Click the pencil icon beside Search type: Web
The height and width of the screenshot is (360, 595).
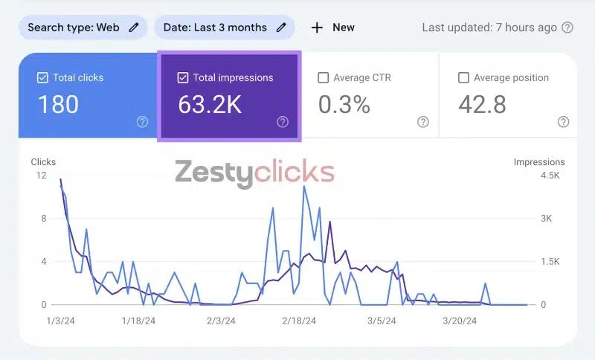point(134,28)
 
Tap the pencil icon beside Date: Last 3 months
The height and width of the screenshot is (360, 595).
point(281,28)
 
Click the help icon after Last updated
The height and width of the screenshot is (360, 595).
point(567,28)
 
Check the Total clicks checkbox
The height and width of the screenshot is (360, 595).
point(42,77)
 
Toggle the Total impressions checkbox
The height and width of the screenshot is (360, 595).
point(183,77)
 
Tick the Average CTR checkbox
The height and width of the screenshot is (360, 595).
point(324,77)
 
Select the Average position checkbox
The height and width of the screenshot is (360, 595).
point(464,77)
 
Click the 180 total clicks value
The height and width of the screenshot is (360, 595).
point(58,105)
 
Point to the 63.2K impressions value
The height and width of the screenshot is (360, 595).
point(210,105)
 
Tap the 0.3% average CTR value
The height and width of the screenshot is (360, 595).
point(344,105)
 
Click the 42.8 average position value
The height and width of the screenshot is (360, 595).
point(482,105)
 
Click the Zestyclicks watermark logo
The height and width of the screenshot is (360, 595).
point(255,173)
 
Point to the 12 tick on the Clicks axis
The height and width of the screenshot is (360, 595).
point(41,176)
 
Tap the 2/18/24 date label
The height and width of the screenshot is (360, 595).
point(299,321)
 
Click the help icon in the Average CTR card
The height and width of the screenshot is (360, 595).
point(423,122)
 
